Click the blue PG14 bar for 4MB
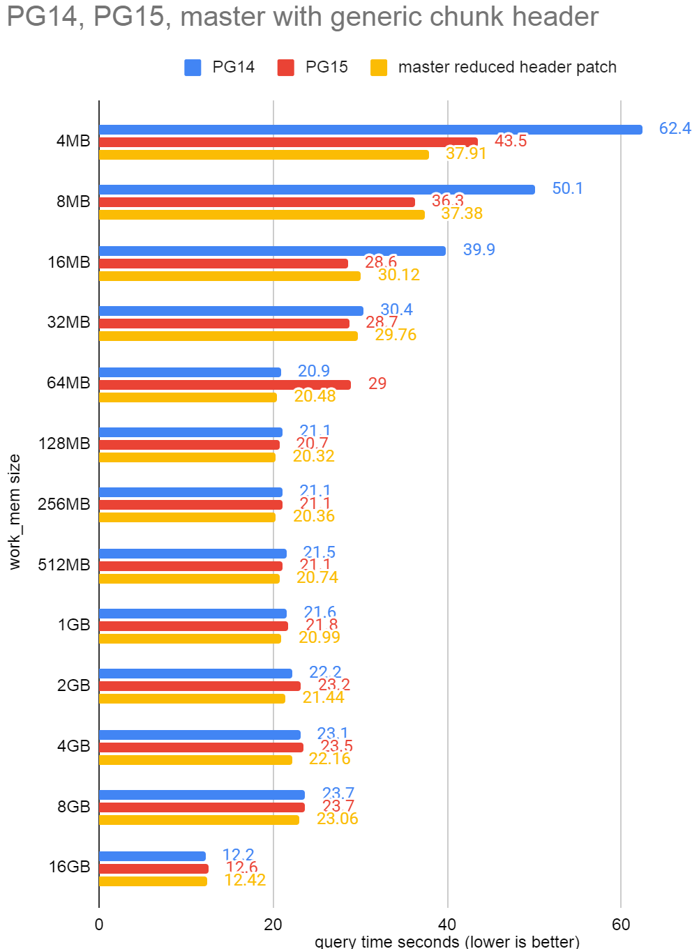[x=370, y=130]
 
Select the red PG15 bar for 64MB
[x=225, y=385]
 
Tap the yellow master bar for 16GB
[x=153, y=881]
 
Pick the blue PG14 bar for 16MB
[x=272, y=251]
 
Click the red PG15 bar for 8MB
[x=257, y=202]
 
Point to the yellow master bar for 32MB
[x=228, y=336]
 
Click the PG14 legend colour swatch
[x=193, y=68]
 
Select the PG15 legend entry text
[x=326, y=68]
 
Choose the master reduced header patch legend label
[x=507, y=68]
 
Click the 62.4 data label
[x=675, y=129]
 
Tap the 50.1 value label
[x=567, y=189]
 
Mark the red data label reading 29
[x=377, y=384]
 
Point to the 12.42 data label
[x=245, y=881]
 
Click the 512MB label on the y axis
[x=64, y=565]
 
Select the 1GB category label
[x=74, y=625]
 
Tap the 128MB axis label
[x=64, y=443]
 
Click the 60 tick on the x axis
[x=621, y=925]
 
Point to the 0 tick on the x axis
[x=99, y=925]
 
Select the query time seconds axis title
[x=447, y=942]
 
